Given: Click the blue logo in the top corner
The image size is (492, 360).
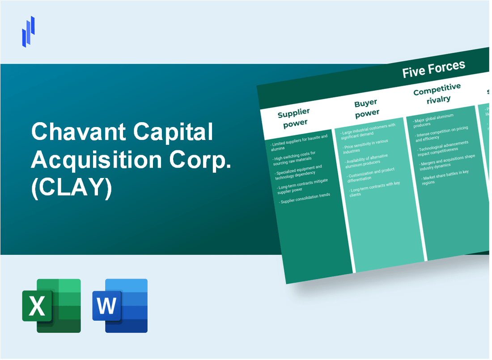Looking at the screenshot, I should pos(29,31).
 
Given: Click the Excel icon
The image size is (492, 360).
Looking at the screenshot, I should pos(51,305).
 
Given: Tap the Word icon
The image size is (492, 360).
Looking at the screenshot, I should pos(120,305).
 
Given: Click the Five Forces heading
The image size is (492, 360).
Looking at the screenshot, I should pos(433,68).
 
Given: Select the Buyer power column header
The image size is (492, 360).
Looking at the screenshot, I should pos(366,108).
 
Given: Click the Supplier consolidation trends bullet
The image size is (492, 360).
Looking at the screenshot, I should pos(305,198).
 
